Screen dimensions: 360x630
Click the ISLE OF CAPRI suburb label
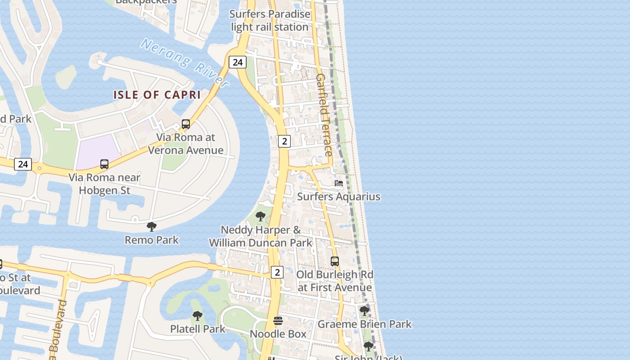coord(157,95)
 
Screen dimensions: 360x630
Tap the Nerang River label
coord(185,62)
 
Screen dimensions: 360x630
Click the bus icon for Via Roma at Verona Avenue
coord(185,124)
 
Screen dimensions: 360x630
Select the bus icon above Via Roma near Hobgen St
coord(104,164)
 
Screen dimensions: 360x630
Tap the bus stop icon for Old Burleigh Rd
coord(334,261)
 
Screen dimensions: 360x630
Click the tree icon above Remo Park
coord(152,227)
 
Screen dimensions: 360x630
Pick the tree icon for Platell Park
coord(197,316)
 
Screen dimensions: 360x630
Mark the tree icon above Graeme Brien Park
coord(364,311)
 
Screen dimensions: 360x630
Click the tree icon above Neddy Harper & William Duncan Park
coord(260,216)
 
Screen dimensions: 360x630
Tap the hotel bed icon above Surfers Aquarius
coord(339,183)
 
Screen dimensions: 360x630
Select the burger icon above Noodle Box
coord(278,321)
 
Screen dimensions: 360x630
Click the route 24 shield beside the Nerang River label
coord(237,62)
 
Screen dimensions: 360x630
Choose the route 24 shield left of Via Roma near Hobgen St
coord(23,164)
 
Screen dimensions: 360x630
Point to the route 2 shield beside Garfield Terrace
coord(284,141)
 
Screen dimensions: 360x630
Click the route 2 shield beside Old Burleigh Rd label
coord(277,272)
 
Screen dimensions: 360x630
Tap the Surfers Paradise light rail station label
coord(270,21)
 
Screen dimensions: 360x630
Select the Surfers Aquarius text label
coord(338,197)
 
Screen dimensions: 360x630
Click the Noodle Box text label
coord(278,334)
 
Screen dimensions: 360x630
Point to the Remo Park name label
coord(152,240)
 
